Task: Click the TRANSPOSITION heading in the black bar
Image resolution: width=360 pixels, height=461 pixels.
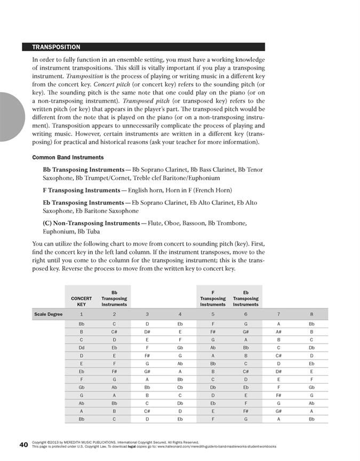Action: pos(56,47)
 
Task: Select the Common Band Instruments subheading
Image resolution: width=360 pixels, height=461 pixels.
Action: pos(68,157)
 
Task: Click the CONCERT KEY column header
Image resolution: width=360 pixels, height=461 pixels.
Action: pos(81,301)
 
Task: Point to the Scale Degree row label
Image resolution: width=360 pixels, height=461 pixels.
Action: pos(48,314)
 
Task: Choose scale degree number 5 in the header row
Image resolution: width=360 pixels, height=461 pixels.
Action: pos(213,314)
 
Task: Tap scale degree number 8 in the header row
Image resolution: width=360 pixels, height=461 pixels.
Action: pos(311,314)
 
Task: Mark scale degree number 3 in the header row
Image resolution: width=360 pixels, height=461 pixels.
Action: pos(147,314)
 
